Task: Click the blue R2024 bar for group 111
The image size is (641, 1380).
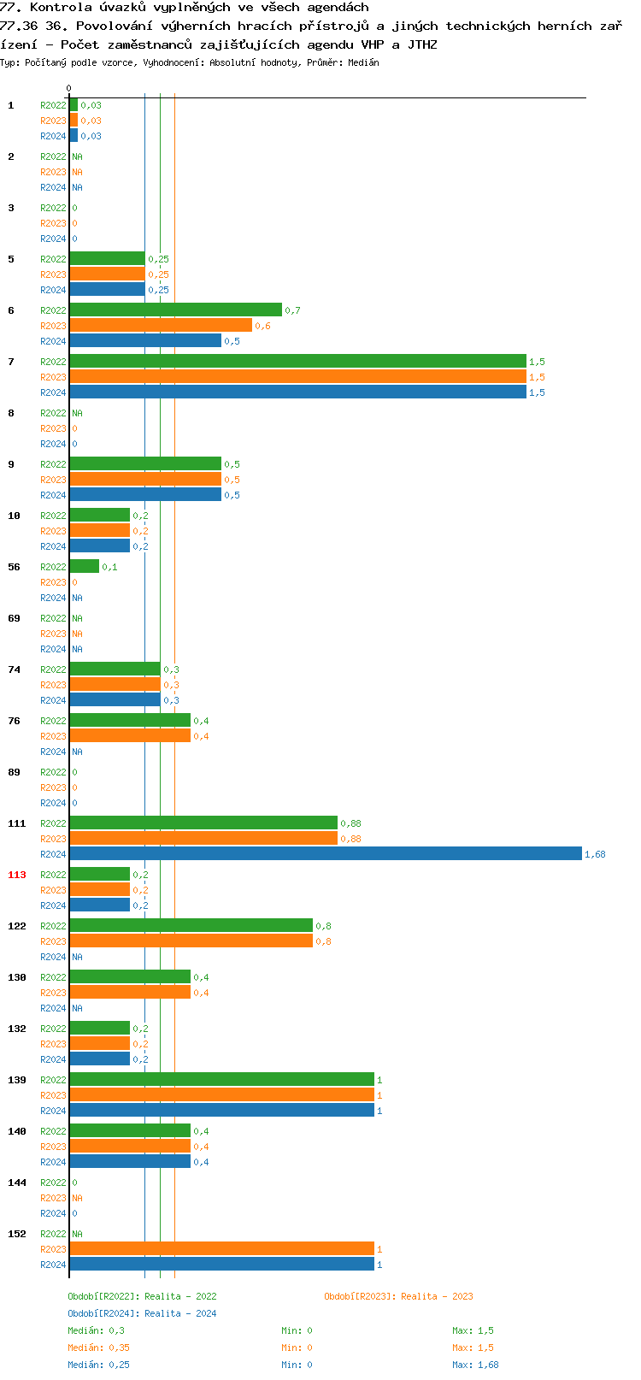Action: click(x=325, y=853)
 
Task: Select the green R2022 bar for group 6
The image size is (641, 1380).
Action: click(x=175, y=310)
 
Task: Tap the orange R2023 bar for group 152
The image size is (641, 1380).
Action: click(x=221, y=1248)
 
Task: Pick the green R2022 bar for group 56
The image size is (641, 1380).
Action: click(x=84, y=566)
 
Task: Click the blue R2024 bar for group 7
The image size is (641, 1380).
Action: click(x=297, y=392)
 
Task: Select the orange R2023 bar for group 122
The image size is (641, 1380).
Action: click(x=191, y=941)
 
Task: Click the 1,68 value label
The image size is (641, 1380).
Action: click(x=595, y=854)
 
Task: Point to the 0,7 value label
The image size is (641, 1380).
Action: click(x=292, y=310)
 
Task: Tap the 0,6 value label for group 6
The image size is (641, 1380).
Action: click(x=262, y=326)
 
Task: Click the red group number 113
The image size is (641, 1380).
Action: click(x=17, y=875)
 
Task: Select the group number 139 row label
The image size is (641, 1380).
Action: click(x=17, y=1080)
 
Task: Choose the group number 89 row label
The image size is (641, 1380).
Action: click(x=14, y=772)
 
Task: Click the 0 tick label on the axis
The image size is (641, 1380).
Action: click(x=69, y=88)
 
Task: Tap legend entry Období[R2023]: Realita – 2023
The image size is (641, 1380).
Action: click(x=398, y=1296)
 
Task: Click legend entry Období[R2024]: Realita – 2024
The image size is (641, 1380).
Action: click(x=142, y=1313)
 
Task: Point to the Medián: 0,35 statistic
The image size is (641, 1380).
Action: click(x=98, y=1348)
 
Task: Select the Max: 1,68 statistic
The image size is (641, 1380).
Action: click(x=475, y=1365)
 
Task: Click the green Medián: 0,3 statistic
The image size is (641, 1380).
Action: click(x=96, y=1330)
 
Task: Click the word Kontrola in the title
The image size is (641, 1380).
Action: click(x=58, y=7)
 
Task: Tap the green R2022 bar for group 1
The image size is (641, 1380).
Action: click(x=74, y=104)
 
